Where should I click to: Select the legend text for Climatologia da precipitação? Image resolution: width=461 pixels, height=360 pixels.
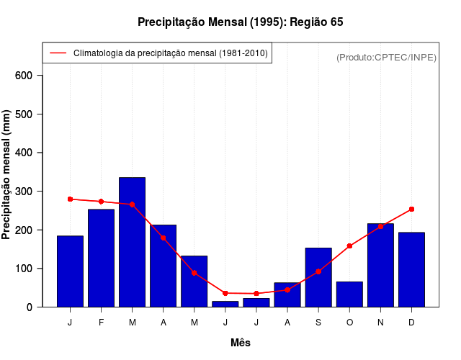click(171, 53)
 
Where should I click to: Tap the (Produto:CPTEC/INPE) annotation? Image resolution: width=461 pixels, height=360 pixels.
click(387, 57)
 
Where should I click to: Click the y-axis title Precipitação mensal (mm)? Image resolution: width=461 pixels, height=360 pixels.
click(7, 174)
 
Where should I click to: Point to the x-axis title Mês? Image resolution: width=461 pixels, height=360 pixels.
click(241, 343)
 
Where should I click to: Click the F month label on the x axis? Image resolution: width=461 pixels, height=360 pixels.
click(102, 323)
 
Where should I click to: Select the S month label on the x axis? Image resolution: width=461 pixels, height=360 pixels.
click(318, 323)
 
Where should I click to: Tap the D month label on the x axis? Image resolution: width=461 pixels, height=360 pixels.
click(411, 323)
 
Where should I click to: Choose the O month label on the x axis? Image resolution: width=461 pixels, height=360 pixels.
click(349, 323)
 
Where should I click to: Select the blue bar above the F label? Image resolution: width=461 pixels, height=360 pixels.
click(102, 258)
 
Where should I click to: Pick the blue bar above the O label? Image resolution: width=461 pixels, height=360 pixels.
click(349, 294)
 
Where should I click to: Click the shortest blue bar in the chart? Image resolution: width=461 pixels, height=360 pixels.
click(225, 304)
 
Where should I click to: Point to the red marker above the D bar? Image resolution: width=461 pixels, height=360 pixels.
click(411, 209)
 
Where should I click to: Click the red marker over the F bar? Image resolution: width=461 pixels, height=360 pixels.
click(102, 202)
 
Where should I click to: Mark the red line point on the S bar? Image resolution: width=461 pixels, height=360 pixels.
click(318, 271)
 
